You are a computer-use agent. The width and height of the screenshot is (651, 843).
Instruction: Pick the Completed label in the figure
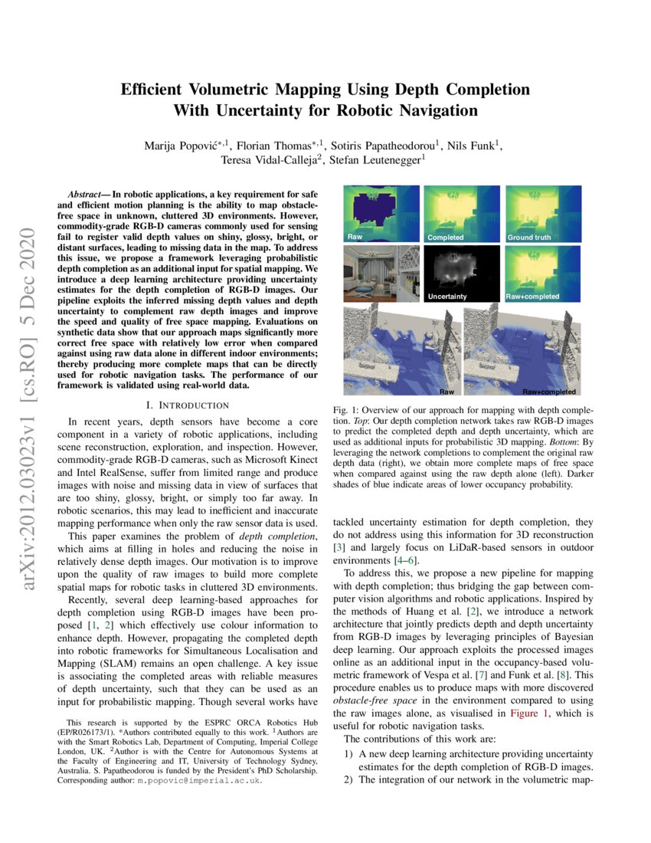pyautogui.click(x=446, y=238)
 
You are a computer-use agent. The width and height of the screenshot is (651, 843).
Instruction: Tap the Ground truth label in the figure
pyautogui.click(x=528, y=238)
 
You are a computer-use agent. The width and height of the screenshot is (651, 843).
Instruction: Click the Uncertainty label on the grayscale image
pyautogui.click(x=448, y=296)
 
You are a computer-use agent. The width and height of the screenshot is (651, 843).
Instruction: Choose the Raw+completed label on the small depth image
pyautogui.click(x=533, y=296)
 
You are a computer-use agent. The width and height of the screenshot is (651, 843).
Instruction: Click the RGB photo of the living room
pyautogui.click(x=381, y=274)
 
